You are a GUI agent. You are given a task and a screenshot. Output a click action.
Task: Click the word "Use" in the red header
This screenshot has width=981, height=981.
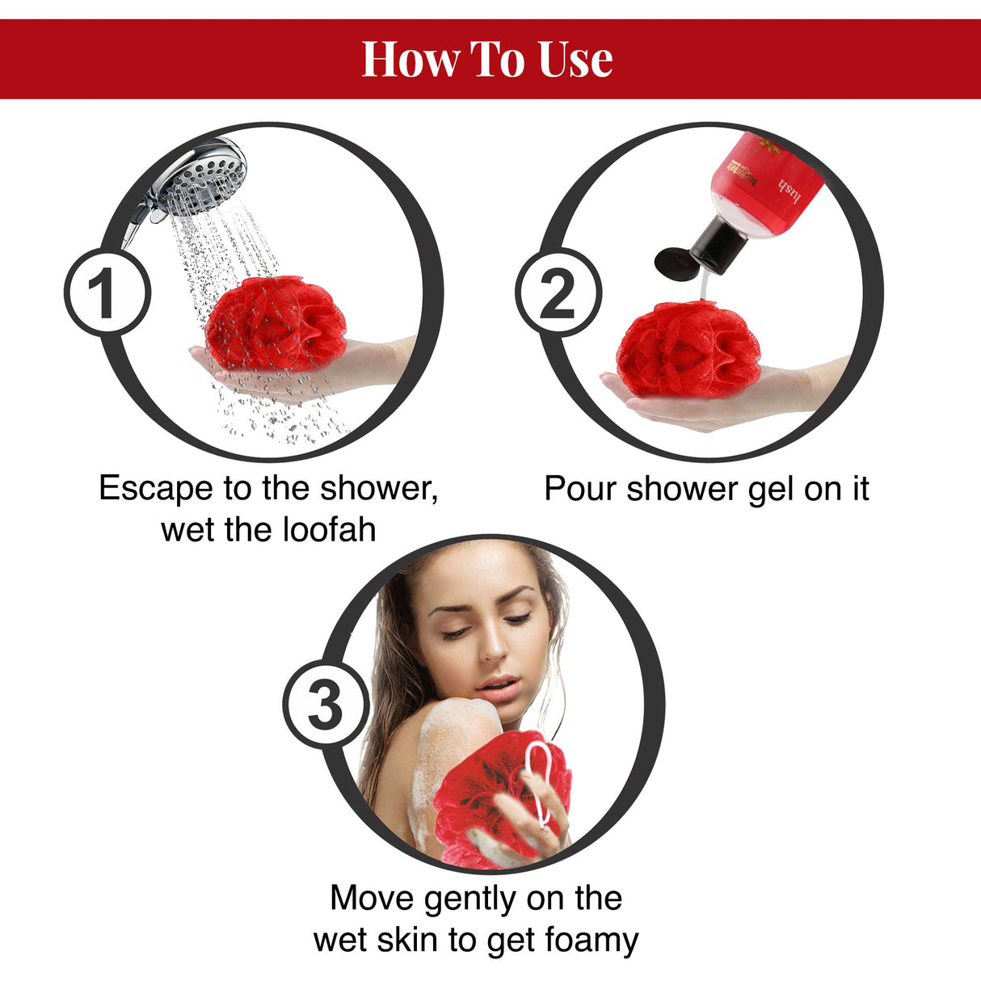[x=575, y=59]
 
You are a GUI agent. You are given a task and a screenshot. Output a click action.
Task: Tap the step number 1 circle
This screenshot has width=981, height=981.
[x=107, y=293]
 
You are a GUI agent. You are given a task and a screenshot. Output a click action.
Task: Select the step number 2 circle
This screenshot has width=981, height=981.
[x=558, y=293]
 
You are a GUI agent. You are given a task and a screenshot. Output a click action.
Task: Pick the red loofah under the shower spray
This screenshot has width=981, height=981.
[x=276, y=322]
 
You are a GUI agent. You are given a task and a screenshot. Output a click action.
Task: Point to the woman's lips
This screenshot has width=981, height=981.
[x=498, y=688]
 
